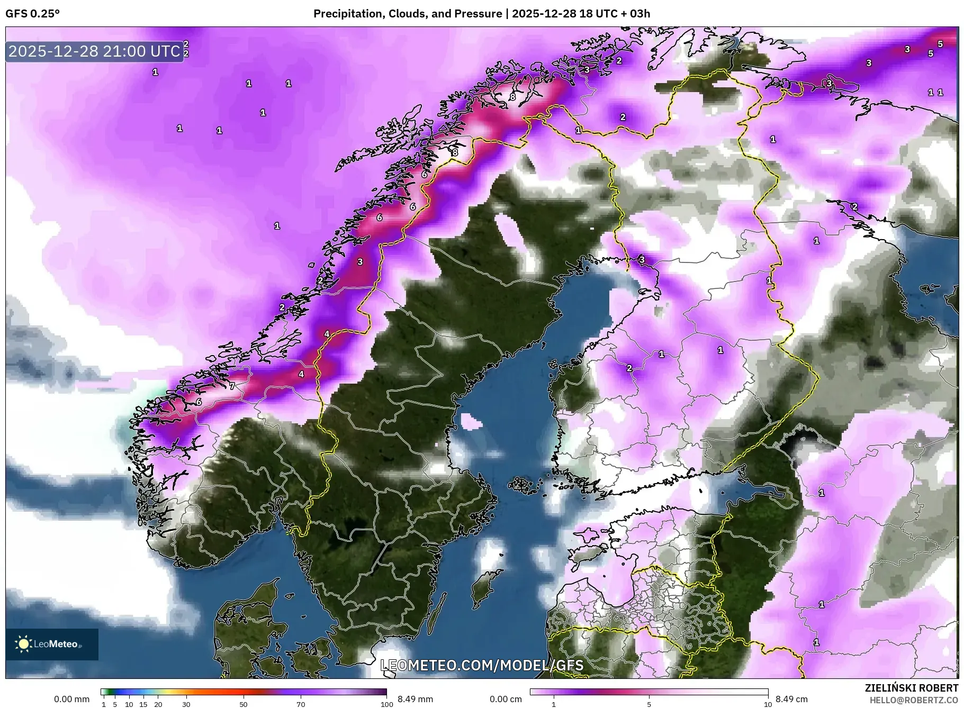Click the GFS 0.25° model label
tap(32, 14)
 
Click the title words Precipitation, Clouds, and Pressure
tap(408, 14)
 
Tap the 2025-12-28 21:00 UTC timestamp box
tap(95, 51)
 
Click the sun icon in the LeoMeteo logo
tap(24, 644)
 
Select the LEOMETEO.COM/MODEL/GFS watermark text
tap(482, 665)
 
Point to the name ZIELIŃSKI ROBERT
tap(911, 688)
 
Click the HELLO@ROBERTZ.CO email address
tap(914, 700)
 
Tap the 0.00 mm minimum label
tap(71, 699)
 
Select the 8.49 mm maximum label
tap(415, 699)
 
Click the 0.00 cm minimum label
tap(506, 699)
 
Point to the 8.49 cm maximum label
tap(791, 699)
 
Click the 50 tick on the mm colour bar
tap(243, 704)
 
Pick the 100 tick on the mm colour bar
tap(386, 704)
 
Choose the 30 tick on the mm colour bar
tap(186, 704)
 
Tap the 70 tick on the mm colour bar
tap(301, 704)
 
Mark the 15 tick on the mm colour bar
tap(143, 704)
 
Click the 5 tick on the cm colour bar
tap(649, 704)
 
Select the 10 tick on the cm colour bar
tap(768, 704)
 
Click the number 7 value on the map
tap(232, 386)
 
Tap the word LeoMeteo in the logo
tap(56, 645)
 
